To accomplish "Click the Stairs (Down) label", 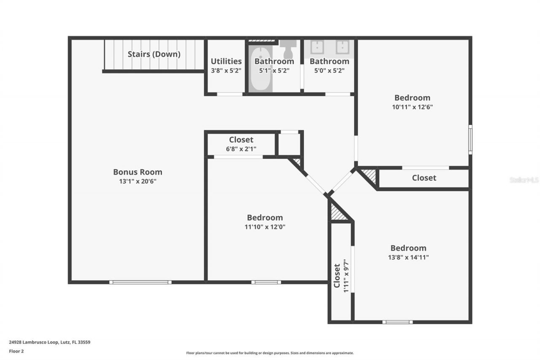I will (x=154, y=54).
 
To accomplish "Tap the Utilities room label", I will (x=226, y=61).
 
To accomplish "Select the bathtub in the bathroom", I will (x=260, y=70).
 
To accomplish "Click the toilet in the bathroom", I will (x=289, y=49).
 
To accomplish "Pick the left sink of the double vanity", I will (x=317, y=47).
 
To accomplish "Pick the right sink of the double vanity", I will (x=342, y=47).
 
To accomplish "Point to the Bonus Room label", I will (x=138, y=172).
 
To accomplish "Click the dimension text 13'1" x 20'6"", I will (x=138, y=181).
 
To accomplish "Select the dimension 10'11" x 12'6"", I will (x=412, y=107).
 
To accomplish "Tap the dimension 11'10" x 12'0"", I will (x=265, y=227).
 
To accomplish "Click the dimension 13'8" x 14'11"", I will (x=408, y=257).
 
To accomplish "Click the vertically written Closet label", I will (x=337, y=276).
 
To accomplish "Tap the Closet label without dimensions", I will (x=424, y=178).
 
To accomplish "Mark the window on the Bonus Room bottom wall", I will (x=140, y=282).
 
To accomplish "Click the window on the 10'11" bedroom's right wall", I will (x=470, y=139).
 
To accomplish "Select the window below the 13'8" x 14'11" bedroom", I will (x=397, y=322).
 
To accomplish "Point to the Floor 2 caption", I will (x=16, y=351).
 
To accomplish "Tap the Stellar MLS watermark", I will (x=524, y=180).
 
